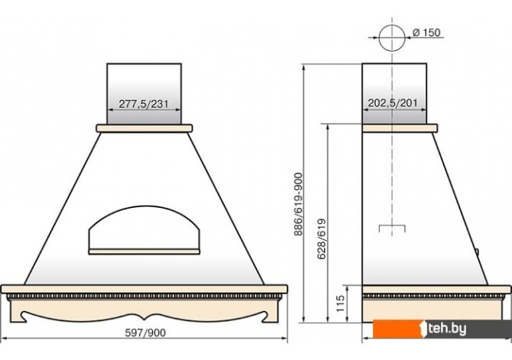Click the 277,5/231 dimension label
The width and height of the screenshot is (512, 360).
tap(144, 104)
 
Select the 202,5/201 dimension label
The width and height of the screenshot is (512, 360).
tap(393, 103)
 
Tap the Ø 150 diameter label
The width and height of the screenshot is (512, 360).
tap(426, 33)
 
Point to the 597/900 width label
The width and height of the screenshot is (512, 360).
tap(145, 333)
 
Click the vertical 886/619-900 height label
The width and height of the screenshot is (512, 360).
tap(299, 205)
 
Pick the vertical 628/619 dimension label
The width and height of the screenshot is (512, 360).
tap(322, 239)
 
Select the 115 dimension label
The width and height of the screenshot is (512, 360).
tap(340, 303)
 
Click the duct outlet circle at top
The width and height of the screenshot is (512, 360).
tap(392, 37)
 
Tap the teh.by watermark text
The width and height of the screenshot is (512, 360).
tap(447, 329)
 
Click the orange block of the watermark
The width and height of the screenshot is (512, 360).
tap(397, 329)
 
